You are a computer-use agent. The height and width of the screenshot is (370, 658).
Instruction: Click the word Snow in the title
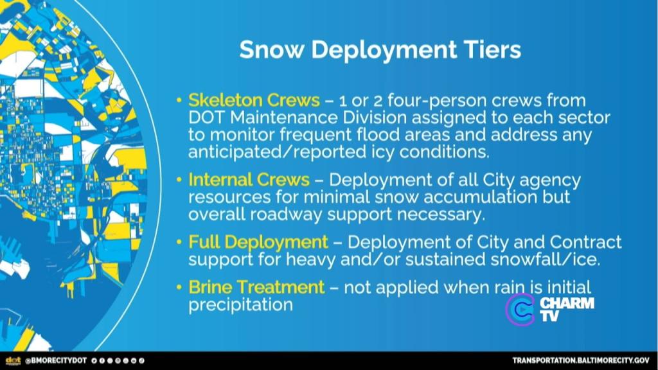271,49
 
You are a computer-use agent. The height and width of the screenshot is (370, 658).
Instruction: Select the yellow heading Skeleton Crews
254,100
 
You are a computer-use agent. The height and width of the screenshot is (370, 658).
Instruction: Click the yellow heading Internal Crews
249,180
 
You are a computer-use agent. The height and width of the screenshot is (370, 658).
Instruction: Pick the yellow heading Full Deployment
258,242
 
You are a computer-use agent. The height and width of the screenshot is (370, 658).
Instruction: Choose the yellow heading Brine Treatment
256,287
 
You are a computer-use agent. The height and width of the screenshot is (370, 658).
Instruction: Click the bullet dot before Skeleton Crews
179,101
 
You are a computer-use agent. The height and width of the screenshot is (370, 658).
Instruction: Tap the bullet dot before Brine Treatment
179,288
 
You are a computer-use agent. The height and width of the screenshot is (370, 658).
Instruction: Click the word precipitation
240,304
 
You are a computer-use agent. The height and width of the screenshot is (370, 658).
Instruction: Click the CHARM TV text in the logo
567,309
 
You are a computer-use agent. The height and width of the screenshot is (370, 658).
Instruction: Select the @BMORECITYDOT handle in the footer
56,361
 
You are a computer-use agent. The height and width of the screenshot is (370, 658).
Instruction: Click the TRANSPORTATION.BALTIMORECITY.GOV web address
581,361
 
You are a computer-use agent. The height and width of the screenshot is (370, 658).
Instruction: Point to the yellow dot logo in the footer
13,361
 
